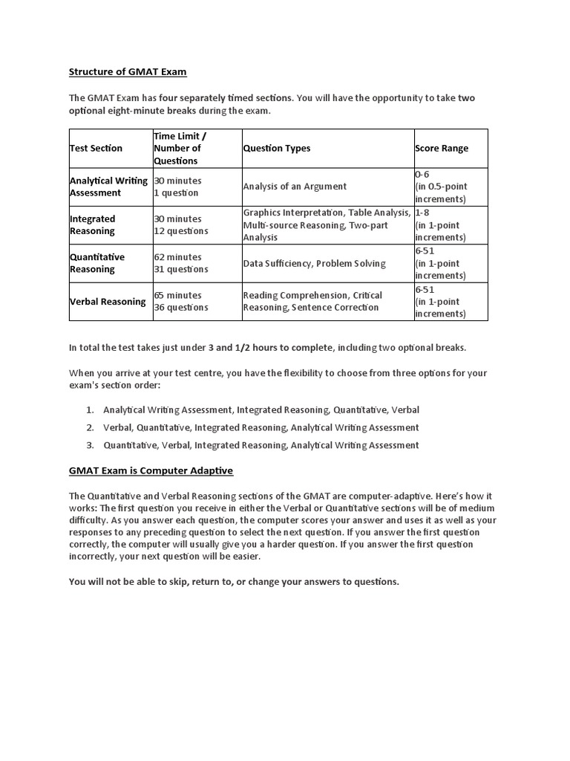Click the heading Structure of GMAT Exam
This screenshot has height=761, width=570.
[x=128, y=72]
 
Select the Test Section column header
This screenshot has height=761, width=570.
[x=96, y=149]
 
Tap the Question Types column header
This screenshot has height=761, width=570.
[x=277, y=149]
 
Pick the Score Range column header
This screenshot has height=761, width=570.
[x=442, y=149]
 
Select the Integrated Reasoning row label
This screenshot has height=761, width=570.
[x=93, y=225]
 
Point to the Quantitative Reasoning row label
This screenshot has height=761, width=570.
[x=97, y=263]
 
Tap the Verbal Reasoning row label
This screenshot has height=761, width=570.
[x=108, y=302]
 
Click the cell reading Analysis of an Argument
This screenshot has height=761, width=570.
[x=295, y=187]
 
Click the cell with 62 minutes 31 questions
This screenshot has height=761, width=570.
[x=181, y=263]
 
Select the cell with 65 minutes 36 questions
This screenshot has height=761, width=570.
[x=181, y=302]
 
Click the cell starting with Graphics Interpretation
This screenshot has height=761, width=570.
[x=327, y=225]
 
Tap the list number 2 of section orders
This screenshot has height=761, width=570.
[x=89, y=427]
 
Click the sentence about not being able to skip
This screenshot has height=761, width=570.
[x=234, y=582]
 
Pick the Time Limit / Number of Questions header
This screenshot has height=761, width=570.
[x=180, y=149]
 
